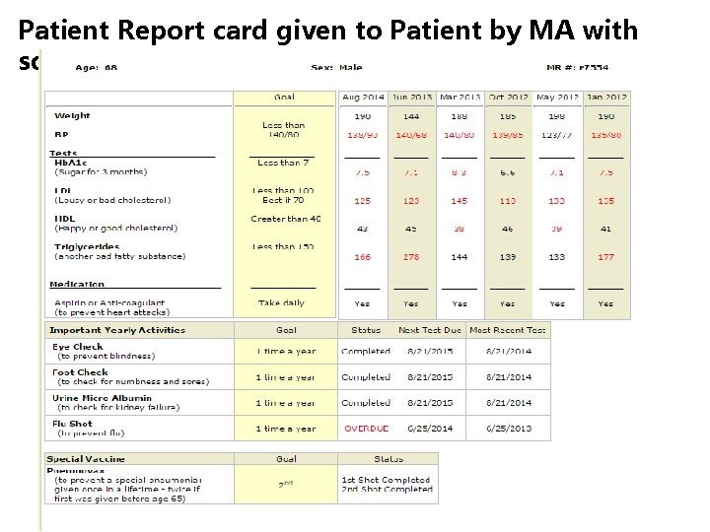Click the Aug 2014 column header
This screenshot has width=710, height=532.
pyautogui.click(x=363, y=98)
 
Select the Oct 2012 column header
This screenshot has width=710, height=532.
pyautogui.click(x=508, y=98)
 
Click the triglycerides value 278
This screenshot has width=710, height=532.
pyautogui.click(x=410, y=257)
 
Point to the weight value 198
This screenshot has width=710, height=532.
pyautogui.click(x=557, y=116)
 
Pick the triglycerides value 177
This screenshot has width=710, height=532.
pyautogui.click(x=605, y=257)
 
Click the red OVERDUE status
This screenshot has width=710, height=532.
pyautogui.click(x=366, y=429)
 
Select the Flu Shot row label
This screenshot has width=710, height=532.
pyautogui.click(x=73, y=425)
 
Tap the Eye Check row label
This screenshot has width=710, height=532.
pyautogui.click(x=78, y=347)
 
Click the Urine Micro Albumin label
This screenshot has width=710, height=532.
pyautogui.click(x=103, y=398)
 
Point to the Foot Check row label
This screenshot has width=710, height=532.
pyautogui.click(x=80, y=372)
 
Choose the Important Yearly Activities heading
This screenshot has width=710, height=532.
pyautogui.click(x=116, y=330)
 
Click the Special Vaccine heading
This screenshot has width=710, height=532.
pyautogui.click(x=86, y=459)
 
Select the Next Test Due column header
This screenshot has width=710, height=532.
pyautogui.click(x=429, y=330)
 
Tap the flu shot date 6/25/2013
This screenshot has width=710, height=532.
pyautogui.click(x=509, y=429)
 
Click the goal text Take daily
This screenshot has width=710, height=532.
pyautogui.click(x=282, y=303)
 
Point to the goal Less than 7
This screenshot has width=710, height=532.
pyautogui.click(x=283, y=163)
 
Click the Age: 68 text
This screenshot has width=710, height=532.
pyautogui.click(x=97, y=68)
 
